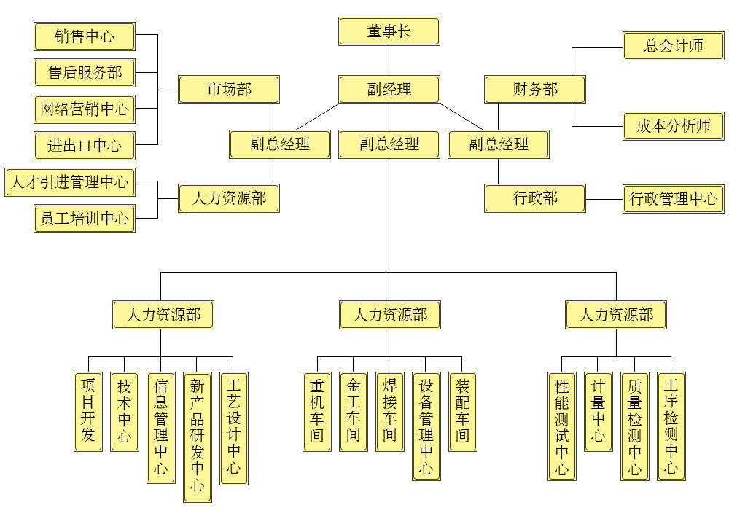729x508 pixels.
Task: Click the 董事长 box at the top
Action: click(389, 31)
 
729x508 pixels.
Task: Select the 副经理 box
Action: click(389, 90)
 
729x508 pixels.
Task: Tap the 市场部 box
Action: click(229, 90)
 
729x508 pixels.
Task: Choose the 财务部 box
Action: click(535, 90)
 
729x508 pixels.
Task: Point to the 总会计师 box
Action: click(674, 46)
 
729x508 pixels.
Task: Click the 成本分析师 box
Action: click(674, 126)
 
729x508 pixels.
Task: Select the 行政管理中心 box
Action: click(674, 199)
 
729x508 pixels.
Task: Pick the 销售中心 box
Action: click(85, 36)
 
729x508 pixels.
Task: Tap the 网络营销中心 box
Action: click(85, 109)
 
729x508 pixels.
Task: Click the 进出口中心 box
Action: click(85, 145)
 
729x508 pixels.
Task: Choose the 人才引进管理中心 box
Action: click(70, 181)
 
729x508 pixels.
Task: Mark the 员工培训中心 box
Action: click(85, 218)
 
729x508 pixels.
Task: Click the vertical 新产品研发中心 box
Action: click(197, 436)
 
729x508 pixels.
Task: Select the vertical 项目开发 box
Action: click(88, 411)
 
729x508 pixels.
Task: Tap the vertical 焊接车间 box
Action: click(390, 411)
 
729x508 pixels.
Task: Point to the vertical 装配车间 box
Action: click(463, 411)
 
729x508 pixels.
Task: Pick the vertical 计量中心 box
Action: click(599, 411)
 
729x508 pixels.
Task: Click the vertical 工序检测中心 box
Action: click(671, 426)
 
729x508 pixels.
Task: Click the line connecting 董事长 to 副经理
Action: click(389, 60)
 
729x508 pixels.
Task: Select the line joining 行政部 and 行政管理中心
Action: click(604, 199)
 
